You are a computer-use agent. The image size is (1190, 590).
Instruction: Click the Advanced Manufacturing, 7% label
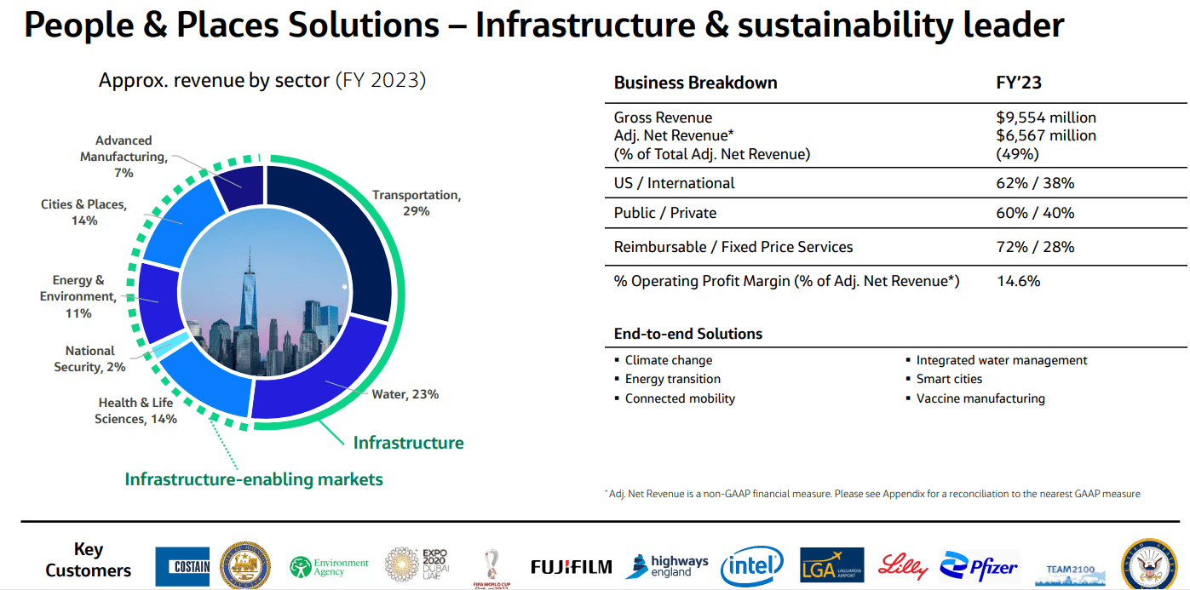pos(124,157)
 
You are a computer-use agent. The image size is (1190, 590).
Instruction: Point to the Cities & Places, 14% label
pos(83,212)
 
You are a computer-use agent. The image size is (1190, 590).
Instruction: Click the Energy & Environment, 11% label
pos(78,296)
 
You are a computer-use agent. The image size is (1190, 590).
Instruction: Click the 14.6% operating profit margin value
pos(1018,281)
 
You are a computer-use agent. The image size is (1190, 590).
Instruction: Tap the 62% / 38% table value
pos(1035,183)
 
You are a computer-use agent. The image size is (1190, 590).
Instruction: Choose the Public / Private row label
pos(664,213)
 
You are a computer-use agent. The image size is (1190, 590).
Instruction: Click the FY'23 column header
pos(1018,83)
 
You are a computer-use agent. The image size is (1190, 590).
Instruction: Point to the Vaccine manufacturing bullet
pos(980,398)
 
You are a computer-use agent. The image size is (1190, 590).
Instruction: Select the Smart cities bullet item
pos(949,379)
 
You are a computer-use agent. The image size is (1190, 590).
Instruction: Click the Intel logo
pos(751,565)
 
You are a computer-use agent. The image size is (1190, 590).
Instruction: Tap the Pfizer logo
pos(979,565)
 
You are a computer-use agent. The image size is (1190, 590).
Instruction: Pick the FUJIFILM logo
pos(571,566)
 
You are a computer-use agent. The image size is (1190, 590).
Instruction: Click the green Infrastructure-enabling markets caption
pos(254,479)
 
